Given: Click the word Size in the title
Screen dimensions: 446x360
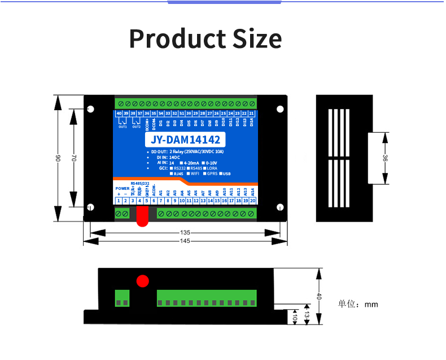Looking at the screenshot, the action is point(256,38).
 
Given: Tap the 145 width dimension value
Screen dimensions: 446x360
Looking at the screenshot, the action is point(185,241).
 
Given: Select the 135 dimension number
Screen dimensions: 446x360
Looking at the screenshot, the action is point(185,232).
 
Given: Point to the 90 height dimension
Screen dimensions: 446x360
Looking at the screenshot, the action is point(58,159).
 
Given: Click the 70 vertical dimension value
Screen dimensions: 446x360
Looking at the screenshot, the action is point(73,159).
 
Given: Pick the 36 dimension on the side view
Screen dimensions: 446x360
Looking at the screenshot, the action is point(385,159).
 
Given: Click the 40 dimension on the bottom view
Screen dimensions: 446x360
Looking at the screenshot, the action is point(319,296).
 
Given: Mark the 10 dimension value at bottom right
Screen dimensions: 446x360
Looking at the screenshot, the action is point(294,319).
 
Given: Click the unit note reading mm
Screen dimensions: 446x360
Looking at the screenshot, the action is point(371,305).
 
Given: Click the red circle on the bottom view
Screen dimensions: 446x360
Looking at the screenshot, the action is point(143,280).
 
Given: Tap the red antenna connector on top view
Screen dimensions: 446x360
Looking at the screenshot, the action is point(141,215).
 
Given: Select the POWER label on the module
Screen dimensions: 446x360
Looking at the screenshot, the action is point(122,188).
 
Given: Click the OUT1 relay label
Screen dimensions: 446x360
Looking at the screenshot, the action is point(123,127).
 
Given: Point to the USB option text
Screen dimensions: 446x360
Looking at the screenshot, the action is point(226,174).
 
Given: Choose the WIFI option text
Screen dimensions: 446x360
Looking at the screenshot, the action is point(194,174).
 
